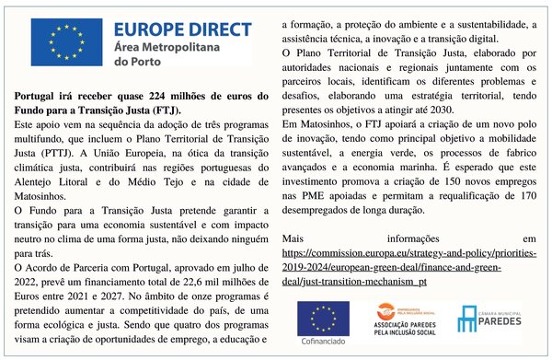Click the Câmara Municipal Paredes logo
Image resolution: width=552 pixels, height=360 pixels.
[486, 319]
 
